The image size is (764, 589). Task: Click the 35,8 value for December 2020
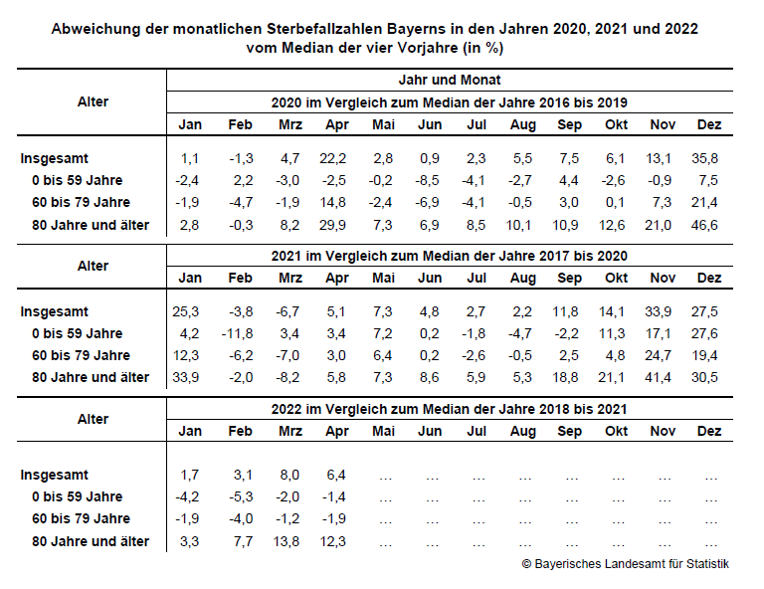click(x=704, y=158)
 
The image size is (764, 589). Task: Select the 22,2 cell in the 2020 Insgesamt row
click(x=333, y=158)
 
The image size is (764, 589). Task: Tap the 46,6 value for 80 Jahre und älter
click(x=704, y=225)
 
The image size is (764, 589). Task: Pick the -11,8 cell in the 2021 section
click(x=238, y=333)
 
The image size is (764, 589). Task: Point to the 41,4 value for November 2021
click(x=658, y=377)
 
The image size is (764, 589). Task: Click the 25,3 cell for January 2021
click(x=186, y=311)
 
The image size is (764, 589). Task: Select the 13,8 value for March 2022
click(x=286, y=542)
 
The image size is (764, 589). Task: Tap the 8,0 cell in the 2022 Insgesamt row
click(x=289, y=475)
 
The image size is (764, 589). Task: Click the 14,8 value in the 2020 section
click(x=333, y=202)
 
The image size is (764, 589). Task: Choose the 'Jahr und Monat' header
click(x=450, y=80)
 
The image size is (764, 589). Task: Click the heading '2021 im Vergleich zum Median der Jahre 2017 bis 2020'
click(x=450, y=257)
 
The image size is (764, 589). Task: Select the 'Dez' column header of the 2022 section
click(x=709, y=431)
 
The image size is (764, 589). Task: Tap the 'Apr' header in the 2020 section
click(x=337, y=124)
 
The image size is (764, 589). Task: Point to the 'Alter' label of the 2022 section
click(x=93, y=420)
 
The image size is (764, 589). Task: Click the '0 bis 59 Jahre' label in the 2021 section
click(x=77, y=333)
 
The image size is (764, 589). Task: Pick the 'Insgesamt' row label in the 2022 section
click(x=54, y=475)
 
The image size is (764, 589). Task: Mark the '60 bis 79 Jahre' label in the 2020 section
click(x=81, y=202)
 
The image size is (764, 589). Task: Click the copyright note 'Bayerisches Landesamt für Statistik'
click(x=632, y=564)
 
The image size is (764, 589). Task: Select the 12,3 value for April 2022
click(x=333, y=542)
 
